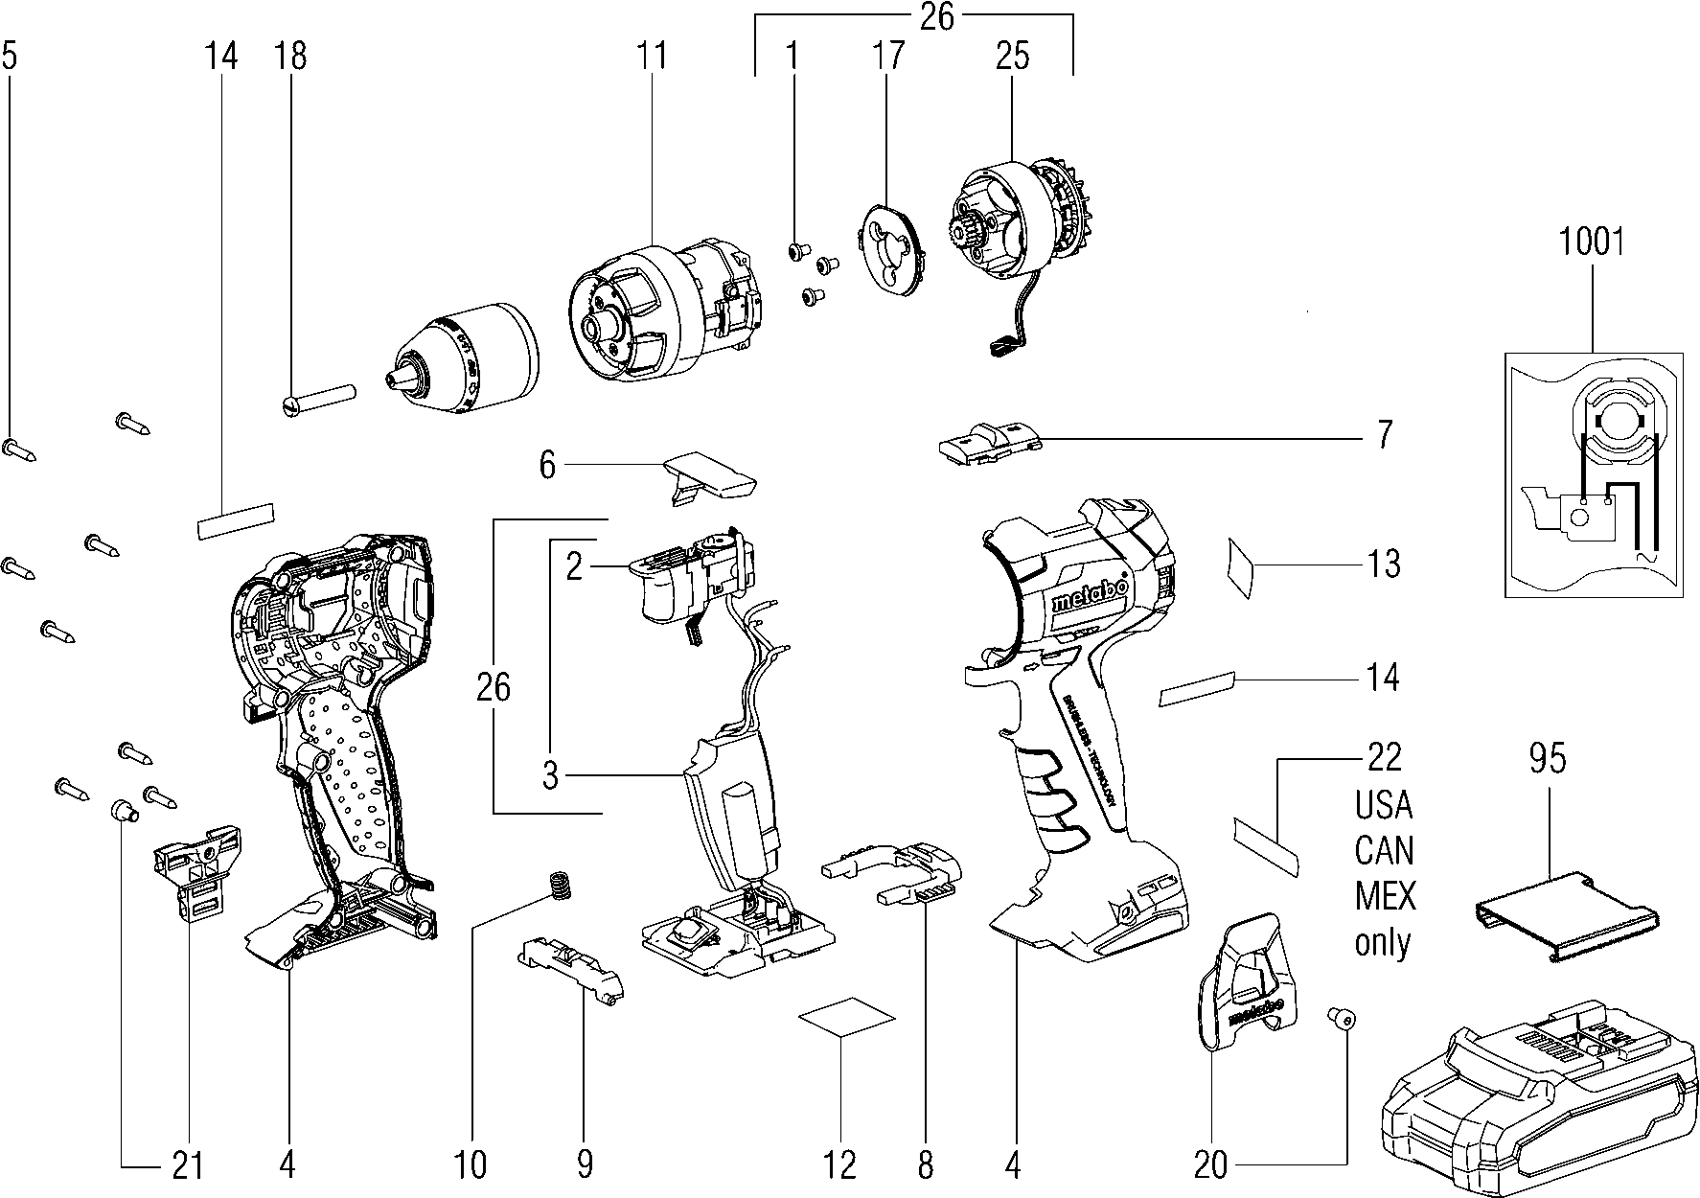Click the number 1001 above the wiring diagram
tap(1592, 242)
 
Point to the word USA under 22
tap(1384, 805)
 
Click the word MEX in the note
tap(1385, 897)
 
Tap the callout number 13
tap(1383, 564)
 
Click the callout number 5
tap(9, 56)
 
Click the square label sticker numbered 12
tap(846, 1018)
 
